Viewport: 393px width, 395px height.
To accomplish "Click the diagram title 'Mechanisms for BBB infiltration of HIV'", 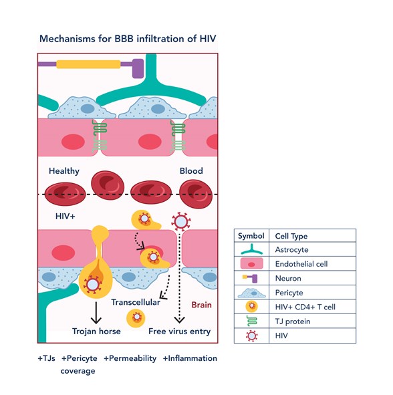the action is (x=128, y=39).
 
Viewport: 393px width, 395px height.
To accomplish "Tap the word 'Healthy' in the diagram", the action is (x=64, y=171).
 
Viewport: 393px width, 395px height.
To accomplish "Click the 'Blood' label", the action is (x=191, y=171).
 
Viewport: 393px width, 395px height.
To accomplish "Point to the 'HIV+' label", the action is (x=65, y=216).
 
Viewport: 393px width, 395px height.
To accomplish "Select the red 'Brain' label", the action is (x=202, y=305).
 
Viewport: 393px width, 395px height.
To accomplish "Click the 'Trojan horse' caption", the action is (x=96, y=331).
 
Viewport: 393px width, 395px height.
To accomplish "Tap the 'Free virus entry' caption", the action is (x=179, y=332).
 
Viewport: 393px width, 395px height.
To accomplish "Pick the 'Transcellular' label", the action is (x=136, y=302).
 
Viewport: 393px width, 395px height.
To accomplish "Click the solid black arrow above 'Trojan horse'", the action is (x=96, y=313).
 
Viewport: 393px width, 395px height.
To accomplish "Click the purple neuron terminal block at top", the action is (x=138, y=68).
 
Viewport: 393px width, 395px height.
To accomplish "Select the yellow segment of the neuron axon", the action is (x=88, y=64).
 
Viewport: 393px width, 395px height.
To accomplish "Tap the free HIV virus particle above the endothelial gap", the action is (x=181, y=222).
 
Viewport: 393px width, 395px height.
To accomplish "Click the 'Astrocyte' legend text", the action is (x=291, y=250).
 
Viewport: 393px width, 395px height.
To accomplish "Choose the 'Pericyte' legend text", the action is (x=289, y=293).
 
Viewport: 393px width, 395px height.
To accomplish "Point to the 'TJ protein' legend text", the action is (x=293, y=321).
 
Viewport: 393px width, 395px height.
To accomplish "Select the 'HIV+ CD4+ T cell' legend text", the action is (x=305, y=307).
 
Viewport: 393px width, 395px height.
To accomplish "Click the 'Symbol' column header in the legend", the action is (x=251, y=236).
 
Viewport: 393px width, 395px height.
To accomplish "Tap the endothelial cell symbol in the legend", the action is (x=252, y=264).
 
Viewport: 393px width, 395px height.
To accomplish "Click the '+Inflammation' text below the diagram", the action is (x=190, y=358).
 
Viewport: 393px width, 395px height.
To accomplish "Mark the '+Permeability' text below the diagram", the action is (x=130, y=358).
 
